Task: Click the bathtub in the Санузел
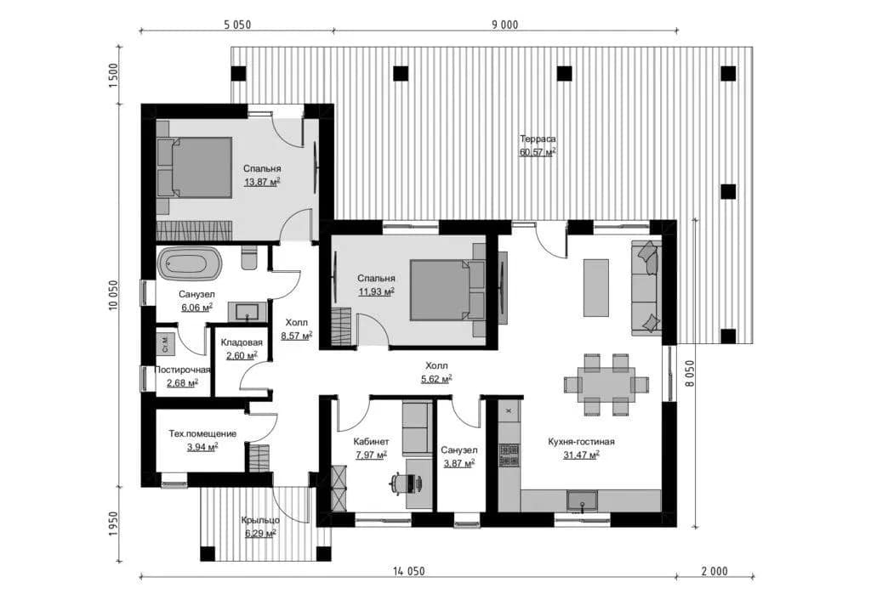(x=190, y=263)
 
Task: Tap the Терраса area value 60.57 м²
(x=538, y=151)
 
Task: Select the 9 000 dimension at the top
(x=505, y=25)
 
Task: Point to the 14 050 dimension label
(x=409, y=571)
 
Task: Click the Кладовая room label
(x=242, y=342)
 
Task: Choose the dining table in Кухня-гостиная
(x=606, y=384)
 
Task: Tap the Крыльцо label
(x=260, y=520)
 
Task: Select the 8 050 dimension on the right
(x=689, y=373)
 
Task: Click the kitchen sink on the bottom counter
(x=582, y=501)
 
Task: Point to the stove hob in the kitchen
(x=510, y=455)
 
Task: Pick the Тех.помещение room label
(x=202, y=433)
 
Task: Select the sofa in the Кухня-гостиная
(x=646, y=287)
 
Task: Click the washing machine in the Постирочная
(x=165, y=344)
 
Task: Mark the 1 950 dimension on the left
(x=114, y=524)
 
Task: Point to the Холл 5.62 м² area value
(x=436, y=378)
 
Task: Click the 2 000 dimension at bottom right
(x=714, y=571)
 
